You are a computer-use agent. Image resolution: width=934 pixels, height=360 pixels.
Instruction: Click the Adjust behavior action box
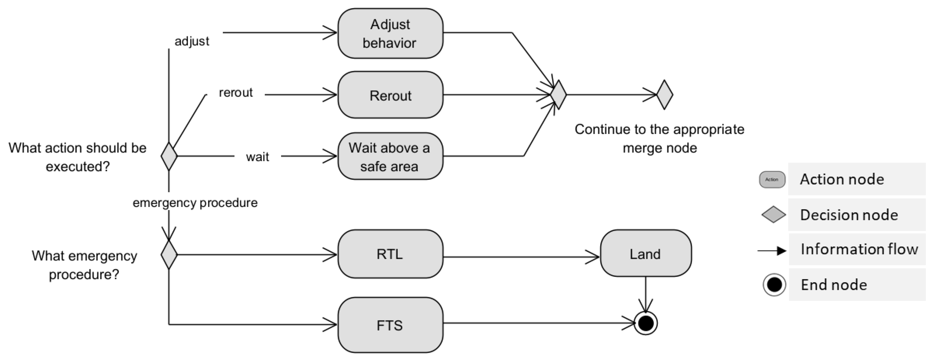[x=390, y=33]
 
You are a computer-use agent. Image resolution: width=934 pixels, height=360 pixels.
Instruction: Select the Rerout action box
[x=390, y=95]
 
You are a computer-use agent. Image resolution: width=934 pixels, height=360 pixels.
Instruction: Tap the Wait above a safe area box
[x=390, y=156]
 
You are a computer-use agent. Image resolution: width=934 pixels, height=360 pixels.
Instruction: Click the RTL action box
[x=390, y=254]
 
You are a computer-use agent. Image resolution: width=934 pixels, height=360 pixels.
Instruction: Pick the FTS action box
[x=390, y=325]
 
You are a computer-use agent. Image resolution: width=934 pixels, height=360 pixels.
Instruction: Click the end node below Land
[x=646, y=323]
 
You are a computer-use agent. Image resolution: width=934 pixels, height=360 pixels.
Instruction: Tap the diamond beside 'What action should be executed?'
[x=169, y=156]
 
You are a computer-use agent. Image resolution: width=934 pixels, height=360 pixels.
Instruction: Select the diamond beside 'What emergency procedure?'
[x=169, y=255]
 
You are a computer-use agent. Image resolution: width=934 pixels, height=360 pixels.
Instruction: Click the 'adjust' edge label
[x=192, y=41]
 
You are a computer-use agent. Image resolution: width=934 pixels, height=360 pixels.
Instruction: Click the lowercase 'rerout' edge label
[x=236, y=93]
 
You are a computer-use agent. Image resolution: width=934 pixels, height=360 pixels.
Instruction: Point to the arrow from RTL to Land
[x=521, y=257]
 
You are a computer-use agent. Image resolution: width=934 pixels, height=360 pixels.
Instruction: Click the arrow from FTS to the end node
[x=538, y=323]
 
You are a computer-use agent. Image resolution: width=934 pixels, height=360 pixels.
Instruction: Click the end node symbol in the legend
[x=774, y=285]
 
